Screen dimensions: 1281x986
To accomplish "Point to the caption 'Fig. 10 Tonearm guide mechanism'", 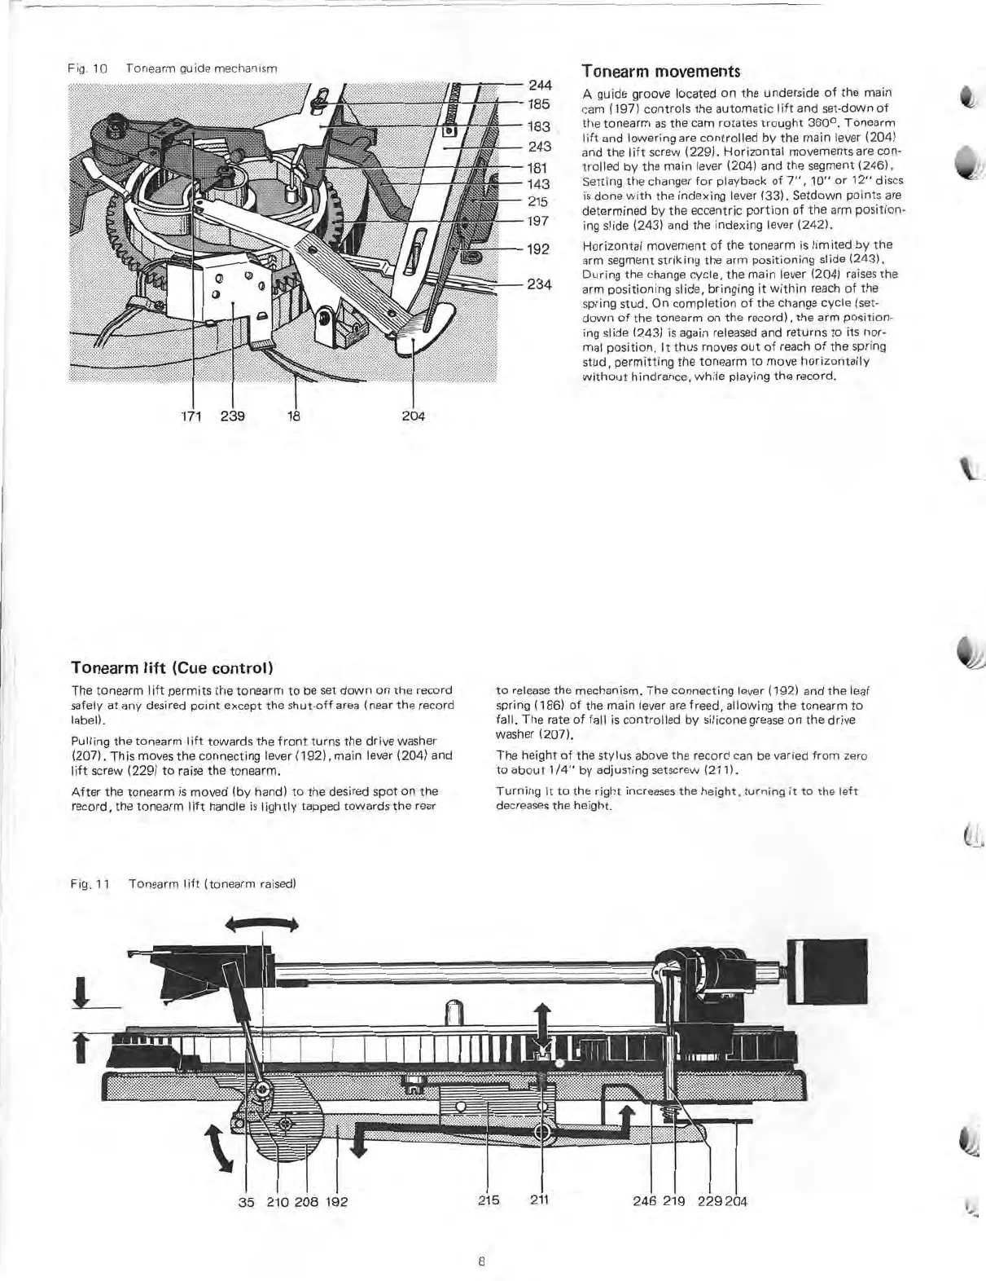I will click(173, 69).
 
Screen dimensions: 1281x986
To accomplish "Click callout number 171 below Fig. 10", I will click(192, 416).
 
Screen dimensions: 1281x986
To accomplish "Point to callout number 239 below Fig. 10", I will click(233, 416).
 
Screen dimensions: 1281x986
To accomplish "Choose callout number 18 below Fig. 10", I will click(294, 416).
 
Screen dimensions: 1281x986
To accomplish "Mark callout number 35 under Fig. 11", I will click(247, 1201).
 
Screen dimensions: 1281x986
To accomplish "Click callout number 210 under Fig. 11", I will click(278, 1201).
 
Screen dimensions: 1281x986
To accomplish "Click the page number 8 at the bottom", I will click(482, 1262).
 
